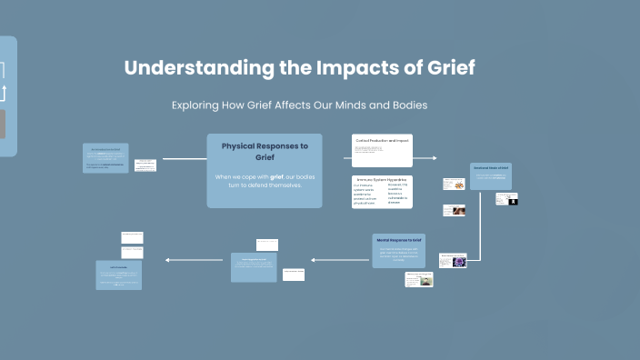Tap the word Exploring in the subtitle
point(195,105)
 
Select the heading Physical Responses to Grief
point(265,151)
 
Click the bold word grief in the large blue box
point(277,176)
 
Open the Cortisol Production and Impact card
point(382,147)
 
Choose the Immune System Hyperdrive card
point(382,192)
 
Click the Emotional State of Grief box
point(491,176)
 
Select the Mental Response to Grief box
point(398,250)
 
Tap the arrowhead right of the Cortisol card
point(434,158)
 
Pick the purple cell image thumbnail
point(459,261)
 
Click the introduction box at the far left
point(105,158)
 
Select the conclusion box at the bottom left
point(119,275)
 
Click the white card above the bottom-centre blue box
point(267,245)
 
